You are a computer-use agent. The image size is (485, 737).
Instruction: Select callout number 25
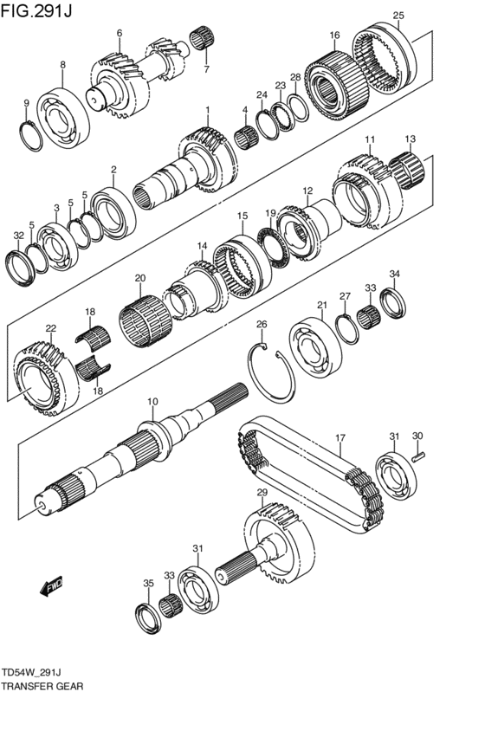[398, 15]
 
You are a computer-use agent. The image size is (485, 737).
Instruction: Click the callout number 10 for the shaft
[152, 402]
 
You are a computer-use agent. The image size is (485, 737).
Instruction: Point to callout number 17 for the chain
[340, 437]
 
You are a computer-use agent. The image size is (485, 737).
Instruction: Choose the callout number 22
[50, 328]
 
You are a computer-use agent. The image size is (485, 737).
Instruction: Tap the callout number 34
[394, 275]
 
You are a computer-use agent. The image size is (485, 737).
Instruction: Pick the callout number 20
[139, 278]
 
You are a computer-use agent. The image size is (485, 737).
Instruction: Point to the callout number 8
[62, 64]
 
